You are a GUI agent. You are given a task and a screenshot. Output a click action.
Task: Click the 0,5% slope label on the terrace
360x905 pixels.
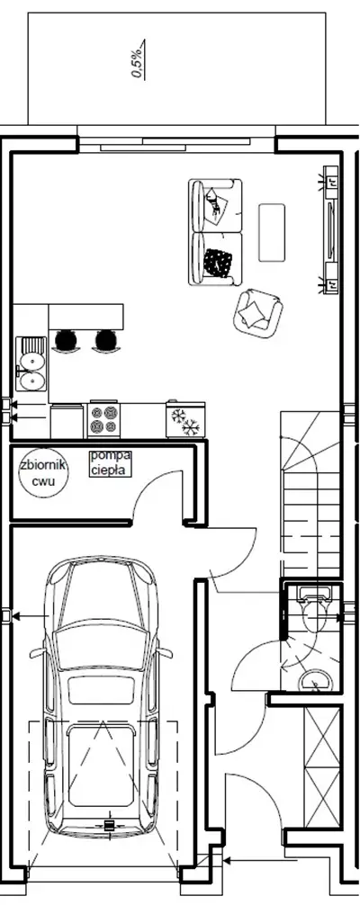(138, 59)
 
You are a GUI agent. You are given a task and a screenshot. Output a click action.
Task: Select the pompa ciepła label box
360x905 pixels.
(111, 463)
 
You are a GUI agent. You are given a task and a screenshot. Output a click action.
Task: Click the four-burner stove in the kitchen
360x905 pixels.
(104, 419)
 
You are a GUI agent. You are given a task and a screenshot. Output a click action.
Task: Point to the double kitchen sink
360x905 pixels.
(31, 363)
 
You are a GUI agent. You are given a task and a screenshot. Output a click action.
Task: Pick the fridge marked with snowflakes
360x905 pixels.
(185, 419)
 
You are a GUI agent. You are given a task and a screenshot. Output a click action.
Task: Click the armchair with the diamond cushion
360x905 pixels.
(258, 311)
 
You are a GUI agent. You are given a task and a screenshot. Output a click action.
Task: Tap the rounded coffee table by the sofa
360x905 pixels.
(272, 232)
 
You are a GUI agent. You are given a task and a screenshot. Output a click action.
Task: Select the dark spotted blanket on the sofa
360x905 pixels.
(218, 263)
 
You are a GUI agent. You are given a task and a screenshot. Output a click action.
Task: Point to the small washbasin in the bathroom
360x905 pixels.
(316, 680)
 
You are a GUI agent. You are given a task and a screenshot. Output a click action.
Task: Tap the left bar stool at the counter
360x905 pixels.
(66, 341)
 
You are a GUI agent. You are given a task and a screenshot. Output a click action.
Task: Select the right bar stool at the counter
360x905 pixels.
(105, 341)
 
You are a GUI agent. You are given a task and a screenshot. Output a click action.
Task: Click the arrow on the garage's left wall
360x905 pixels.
(31, 617)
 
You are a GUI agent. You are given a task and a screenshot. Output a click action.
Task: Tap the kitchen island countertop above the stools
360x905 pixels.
(86, 317)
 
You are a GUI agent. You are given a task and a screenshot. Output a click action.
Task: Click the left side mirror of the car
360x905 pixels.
(37, 653)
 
